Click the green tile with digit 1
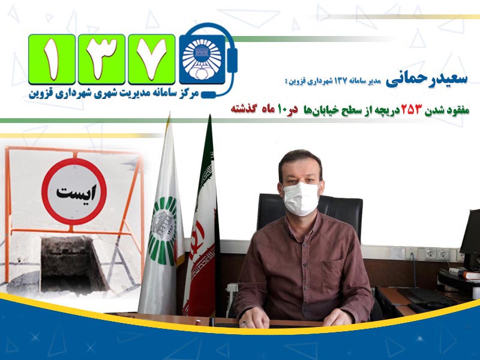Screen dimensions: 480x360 (x=52, y=59)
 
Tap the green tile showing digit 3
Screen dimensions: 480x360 (x=101, y=59)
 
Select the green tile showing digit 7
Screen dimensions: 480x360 (x=152, y=59)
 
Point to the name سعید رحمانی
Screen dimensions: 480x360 (x=427, y=79)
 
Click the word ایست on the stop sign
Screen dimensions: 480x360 (x=76, y=192)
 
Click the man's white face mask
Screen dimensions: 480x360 (x=301, y=199)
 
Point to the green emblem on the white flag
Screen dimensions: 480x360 (x=161, y=230)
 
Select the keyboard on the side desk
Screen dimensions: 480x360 (x=426, y=296)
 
